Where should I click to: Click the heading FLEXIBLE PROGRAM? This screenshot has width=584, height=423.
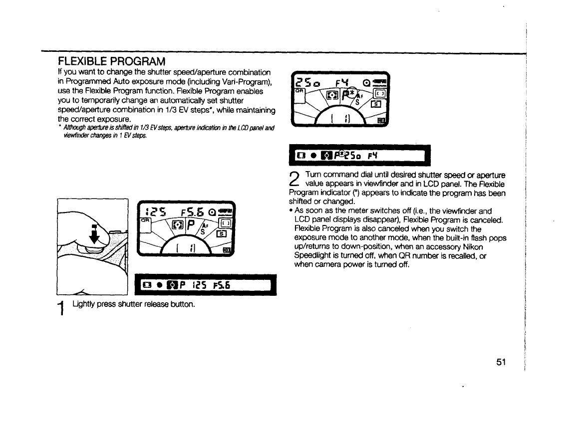(111, 62)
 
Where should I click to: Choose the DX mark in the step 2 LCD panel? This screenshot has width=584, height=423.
(381, 120)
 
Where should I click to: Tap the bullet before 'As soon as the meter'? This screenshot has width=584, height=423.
(291, 211)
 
